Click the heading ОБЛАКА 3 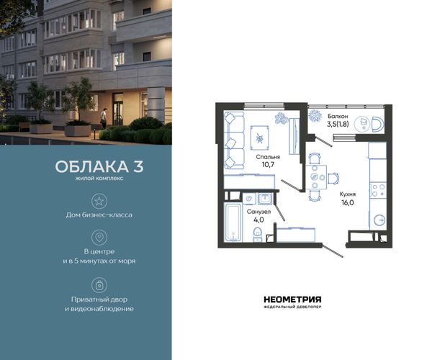click(99, 166)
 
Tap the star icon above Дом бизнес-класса click(99, 201)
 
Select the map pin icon click(99, 237)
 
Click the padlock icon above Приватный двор click(99, 285)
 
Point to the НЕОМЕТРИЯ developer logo click(292, 302)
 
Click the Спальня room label click(268, 157)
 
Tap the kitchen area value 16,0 click(348, 203)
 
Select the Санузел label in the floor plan click(258, 212)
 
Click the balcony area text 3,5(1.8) click(338, 124)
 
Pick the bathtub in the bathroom click(233, 222)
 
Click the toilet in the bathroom click(257, 235)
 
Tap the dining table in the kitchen click(316, 177)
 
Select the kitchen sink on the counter click(379, 220)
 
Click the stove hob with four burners click(378, 190)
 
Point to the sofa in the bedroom click(234, 140)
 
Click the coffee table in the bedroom click(259, 138)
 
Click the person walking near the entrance click(104, 118)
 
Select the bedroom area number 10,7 click(268, 165)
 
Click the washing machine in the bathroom click(249, 198)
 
